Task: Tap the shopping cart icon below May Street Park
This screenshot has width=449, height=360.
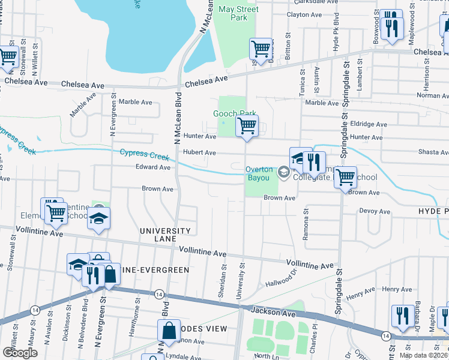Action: tap(261, 49)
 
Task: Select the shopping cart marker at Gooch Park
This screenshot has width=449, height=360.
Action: tap(246, 127)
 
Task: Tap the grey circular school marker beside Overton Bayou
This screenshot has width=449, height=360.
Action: tap(283, 173)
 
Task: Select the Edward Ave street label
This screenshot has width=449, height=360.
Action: tap(154, 167)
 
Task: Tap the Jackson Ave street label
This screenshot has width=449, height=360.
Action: tap(265, 313)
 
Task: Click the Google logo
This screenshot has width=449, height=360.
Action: tap(20, 353)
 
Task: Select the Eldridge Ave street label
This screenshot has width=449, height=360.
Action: tap(370, 124)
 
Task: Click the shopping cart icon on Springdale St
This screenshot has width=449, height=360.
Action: tap(345, 178)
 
